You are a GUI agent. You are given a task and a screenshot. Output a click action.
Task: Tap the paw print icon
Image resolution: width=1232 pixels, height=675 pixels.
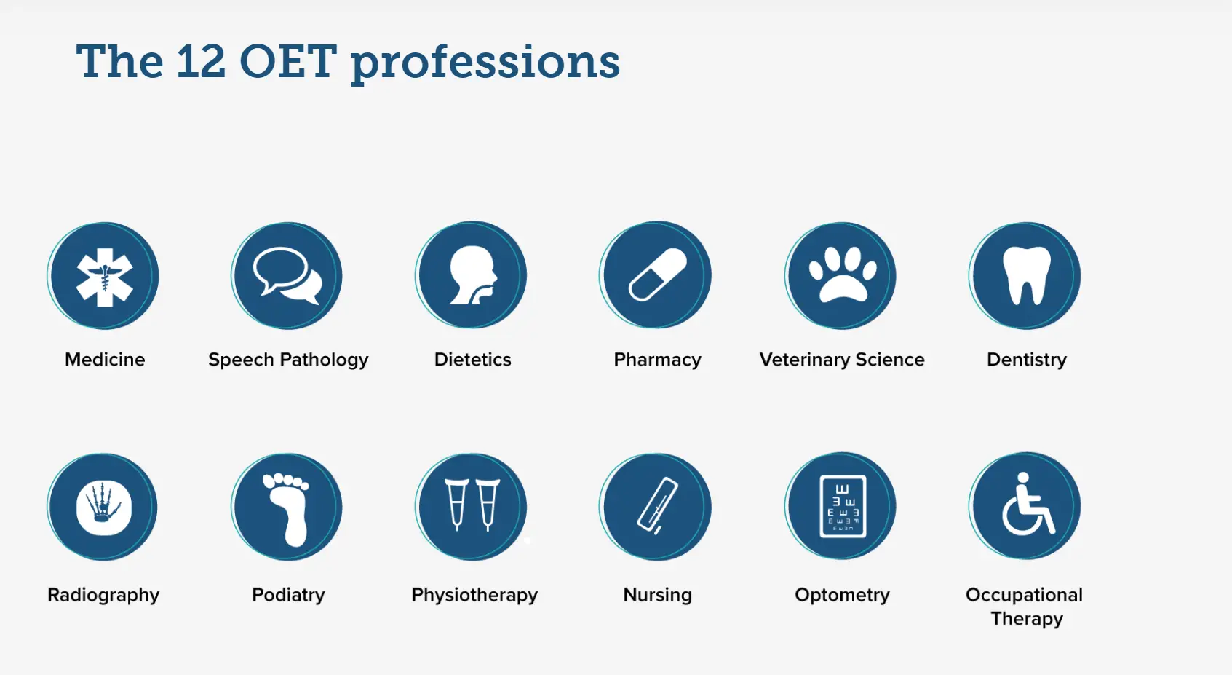coord(843,275)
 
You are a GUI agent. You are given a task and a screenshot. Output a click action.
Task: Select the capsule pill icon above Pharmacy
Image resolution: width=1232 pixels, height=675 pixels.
coord(657,275)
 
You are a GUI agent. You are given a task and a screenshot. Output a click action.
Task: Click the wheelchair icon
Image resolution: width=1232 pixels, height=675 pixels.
coord(1026,504)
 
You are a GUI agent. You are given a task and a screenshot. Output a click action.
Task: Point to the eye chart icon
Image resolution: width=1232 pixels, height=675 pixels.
coord(843,506)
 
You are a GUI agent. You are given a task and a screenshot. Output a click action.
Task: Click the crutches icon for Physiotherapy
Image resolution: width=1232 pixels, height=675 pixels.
coord(472,505)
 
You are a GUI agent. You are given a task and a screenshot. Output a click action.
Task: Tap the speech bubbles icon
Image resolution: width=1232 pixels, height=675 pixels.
coord(287,276)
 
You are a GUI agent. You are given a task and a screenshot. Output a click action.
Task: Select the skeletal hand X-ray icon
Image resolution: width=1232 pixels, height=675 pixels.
coord(104,508)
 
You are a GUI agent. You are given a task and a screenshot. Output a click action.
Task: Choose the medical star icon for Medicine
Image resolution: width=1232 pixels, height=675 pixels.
coord(105,277)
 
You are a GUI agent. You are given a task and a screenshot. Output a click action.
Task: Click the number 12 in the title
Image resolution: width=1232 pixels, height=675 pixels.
coord(201,61)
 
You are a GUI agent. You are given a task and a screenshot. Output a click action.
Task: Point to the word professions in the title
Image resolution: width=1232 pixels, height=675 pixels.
coord(485,64)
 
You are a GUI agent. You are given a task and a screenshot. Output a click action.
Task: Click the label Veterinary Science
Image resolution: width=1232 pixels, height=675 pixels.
coord(842,359)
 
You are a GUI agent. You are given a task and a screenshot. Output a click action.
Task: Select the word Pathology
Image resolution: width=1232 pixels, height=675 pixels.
coord(324,360)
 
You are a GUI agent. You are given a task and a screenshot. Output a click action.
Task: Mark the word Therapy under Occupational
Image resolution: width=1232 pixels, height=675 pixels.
coord(1027,619)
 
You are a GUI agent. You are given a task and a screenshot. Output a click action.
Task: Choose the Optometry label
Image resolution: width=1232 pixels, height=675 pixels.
coord(842,595)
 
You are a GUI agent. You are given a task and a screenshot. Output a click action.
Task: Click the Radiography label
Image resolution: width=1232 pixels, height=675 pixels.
coord(103,595)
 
